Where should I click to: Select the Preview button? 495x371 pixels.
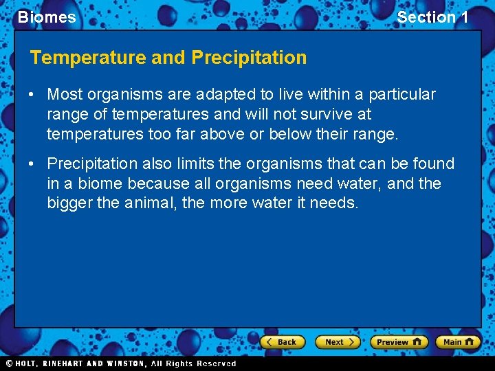(398, 341)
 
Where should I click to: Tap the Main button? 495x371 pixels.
(458, 341)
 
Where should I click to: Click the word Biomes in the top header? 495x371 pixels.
(47, 17)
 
